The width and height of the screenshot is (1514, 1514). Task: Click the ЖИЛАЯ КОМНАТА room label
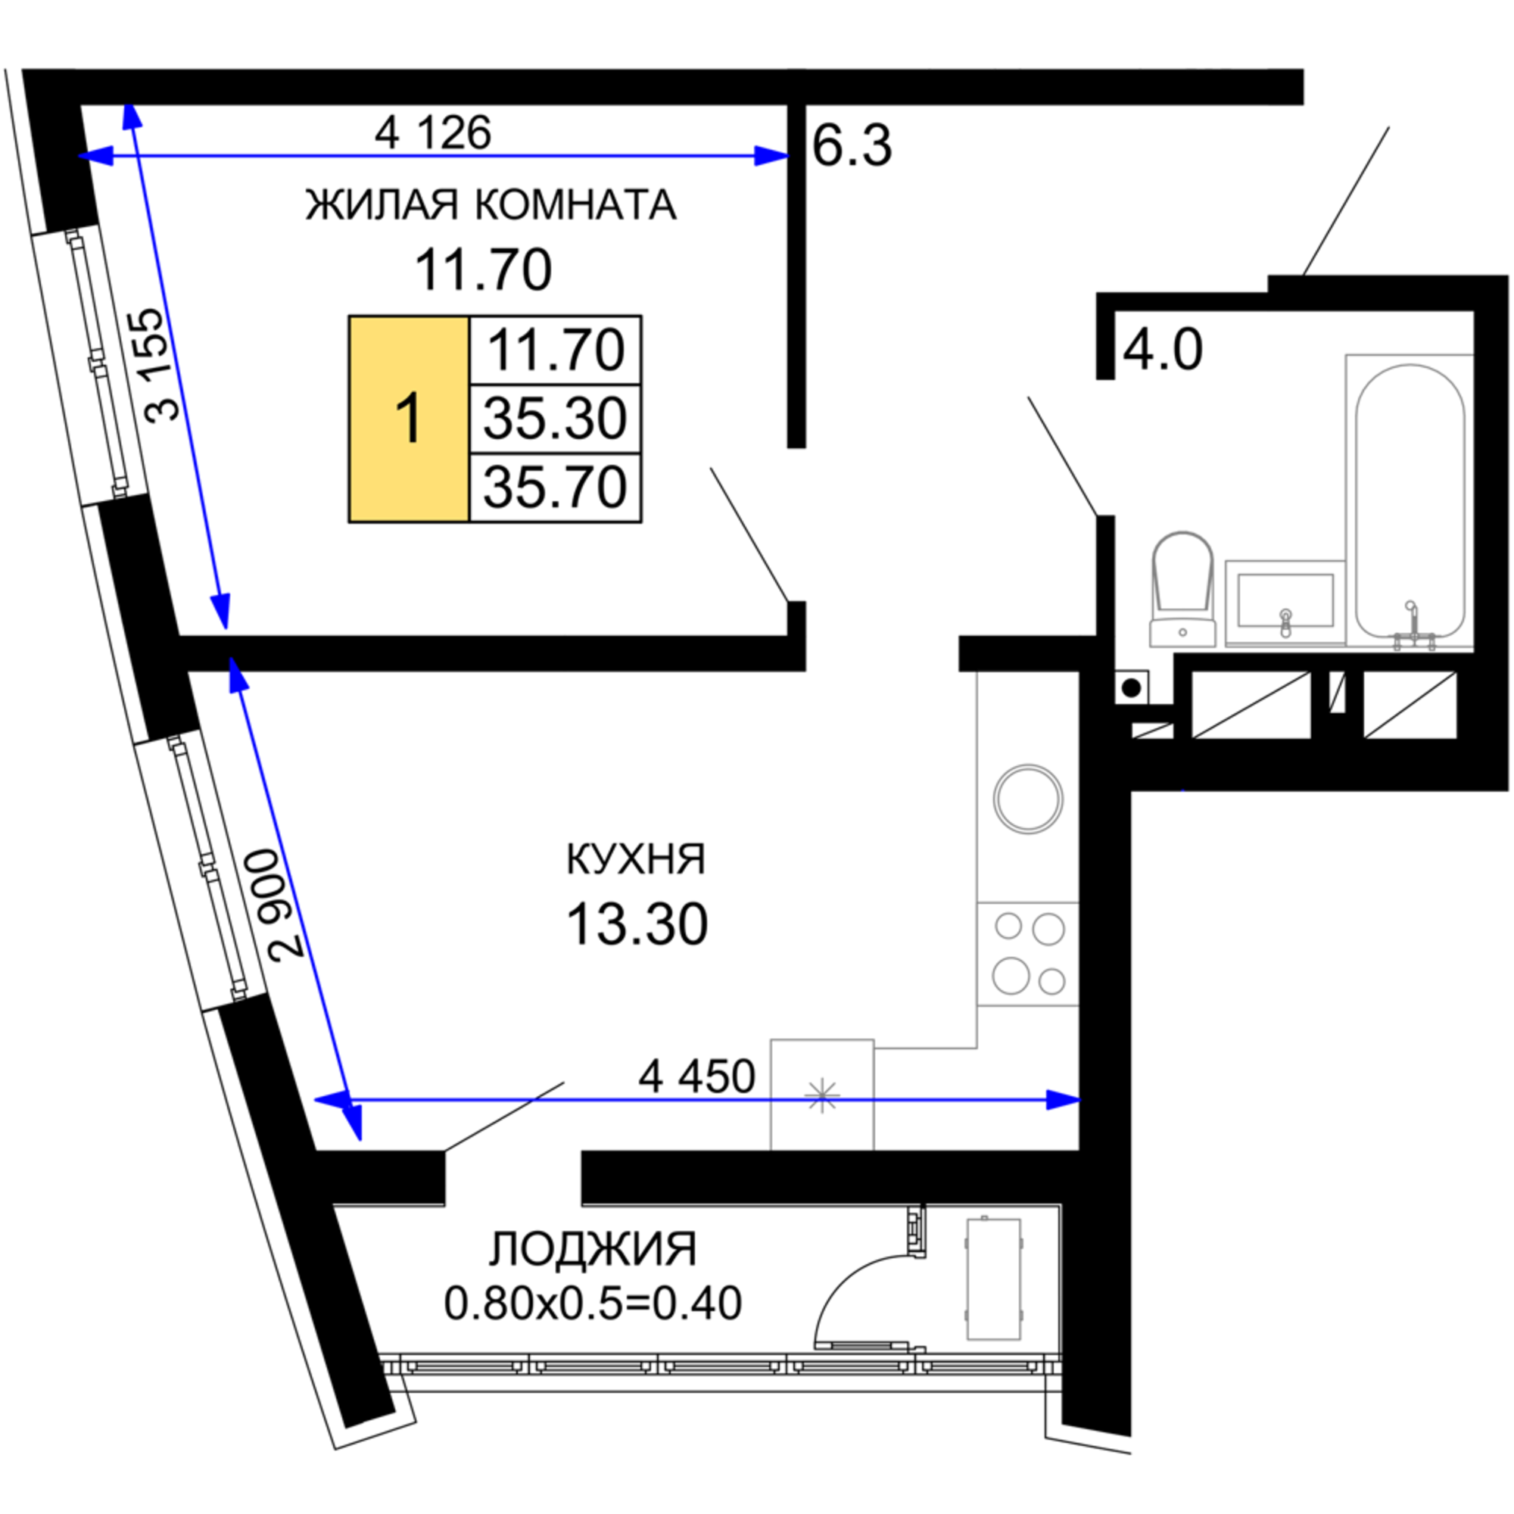pyautogui.click(x=491, y=205)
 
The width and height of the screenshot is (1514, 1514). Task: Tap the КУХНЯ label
pyautogui.click(x=636, y=859)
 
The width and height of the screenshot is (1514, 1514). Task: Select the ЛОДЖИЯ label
pyautogui.click(x=593, y=1249)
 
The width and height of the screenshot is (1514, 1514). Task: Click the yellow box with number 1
pyautogui.click(x=408, y=419)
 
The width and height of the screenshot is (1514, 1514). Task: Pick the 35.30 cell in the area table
pyautogui.click(x=555, y=419)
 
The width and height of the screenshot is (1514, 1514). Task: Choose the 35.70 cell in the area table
pyautogui.click(x=555, y=488)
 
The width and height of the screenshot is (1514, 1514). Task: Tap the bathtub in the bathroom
pyautogui.click(x=1410, y=502)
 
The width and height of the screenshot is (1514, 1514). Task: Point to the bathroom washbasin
pyautogui.click(x=1285, y=602)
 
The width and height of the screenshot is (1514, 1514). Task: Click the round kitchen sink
pyautogui.click(x=1028, y=799)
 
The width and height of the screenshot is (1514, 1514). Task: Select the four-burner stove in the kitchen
pyautogui.click(x=1028, y=954)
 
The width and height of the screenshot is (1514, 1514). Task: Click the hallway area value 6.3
pyautogui.click(x=852, y=147)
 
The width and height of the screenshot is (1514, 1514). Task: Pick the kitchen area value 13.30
pyautogui.click(x=637, y=925)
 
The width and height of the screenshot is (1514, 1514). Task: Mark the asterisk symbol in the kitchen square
pyautogui.click(x=821, y=1095)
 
